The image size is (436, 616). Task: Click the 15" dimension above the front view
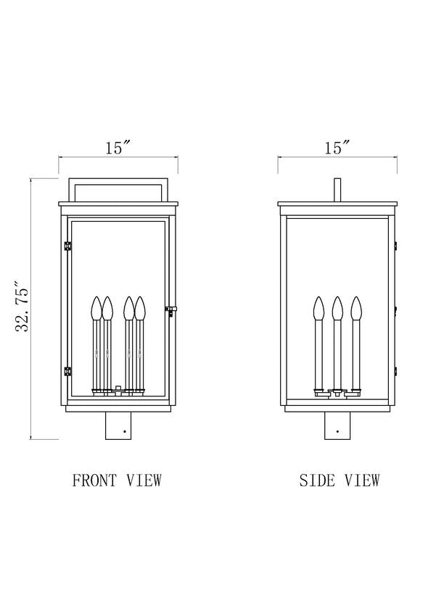(118, 148)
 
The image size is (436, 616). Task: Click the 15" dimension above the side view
(337, 148)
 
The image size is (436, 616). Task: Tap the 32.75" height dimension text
(22, 306)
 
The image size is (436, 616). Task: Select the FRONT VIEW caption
(117, 480)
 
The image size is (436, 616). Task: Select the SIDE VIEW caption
(340, 480)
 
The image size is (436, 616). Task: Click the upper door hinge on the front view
(67, 246)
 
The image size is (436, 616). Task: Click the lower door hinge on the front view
(67, 371)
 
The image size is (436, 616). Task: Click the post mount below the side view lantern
(337, 426)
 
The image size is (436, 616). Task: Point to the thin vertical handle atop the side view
(337, 191)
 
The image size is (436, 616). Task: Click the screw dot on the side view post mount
(337, 431)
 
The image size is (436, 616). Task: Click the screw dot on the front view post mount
(124, 431)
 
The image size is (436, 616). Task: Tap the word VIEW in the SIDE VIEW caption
(362, 480)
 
